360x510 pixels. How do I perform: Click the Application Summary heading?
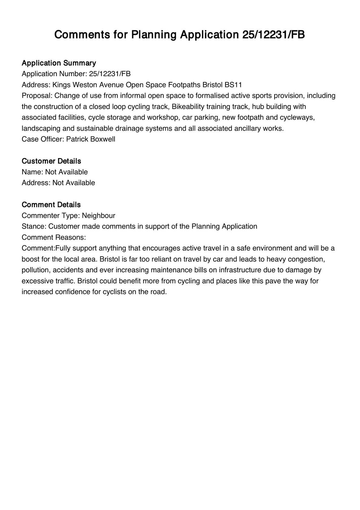point(59,63)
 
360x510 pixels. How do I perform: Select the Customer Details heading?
point(51,161)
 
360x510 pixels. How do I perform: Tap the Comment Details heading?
point(51,205)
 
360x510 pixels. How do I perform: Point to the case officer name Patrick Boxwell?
point(91,139)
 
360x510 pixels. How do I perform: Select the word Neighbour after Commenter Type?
point(98,215)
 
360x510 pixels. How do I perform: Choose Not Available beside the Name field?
point(66,172)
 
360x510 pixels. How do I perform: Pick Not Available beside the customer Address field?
point(74,183)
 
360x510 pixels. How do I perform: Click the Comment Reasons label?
point(54,237)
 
